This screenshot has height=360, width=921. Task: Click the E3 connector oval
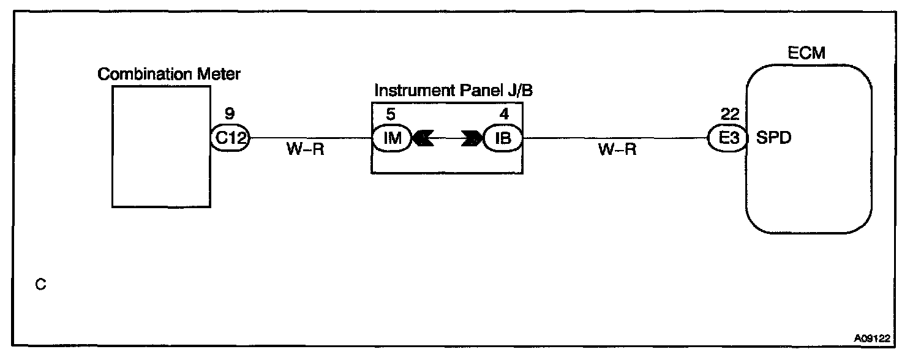click(x=726, y=138)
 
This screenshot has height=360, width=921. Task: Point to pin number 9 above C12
click(x=230, y=114)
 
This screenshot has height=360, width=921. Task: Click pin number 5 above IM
click(x=391, y=114)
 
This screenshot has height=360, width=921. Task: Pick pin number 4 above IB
click(x=504, y=114)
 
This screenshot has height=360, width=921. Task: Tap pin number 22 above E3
click(x=730, y=114)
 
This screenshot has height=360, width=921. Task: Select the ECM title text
click(x=805, y=53)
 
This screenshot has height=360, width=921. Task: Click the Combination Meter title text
click(x=170, y=75)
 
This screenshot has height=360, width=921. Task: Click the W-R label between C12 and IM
click(x=304, y=151)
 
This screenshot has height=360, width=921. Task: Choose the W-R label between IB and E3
click(x=617, y=151)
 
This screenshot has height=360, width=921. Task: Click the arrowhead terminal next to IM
click(x=423, y=139)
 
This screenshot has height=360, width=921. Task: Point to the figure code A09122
click(x=873, y=337)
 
